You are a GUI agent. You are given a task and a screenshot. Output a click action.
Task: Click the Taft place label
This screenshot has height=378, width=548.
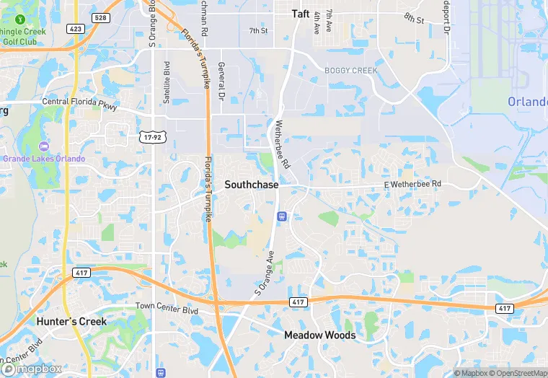pos(301,14)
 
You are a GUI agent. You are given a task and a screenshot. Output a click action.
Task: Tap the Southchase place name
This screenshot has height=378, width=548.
pos(251,185)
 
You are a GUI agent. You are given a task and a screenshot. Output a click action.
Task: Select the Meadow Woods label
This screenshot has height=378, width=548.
pos(319,335)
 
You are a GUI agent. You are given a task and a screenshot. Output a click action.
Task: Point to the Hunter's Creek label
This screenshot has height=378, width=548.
pos(71,322)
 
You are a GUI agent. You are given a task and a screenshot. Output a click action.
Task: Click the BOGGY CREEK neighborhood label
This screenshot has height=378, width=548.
pos(350,70)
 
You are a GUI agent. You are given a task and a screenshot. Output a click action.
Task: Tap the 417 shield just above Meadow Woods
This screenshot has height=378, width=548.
pos(299,301)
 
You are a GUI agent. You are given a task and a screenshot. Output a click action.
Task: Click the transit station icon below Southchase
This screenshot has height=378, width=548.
pos(281,215)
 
